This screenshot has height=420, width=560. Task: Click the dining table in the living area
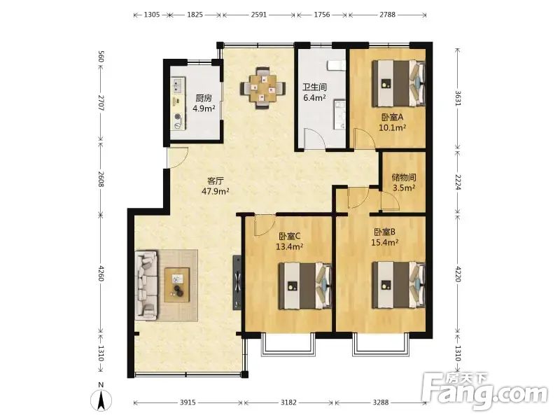click(x=263, y=88)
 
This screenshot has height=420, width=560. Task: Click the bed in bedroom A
click(x=398, y=83)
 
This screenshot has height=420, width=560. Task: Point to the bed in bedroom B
click(x=398, y=285)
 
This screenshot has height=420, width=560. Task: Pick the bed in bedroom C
click(x=305, y=286)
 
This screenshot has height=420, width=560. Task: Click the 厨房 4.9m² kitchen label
click(x=204, y=103)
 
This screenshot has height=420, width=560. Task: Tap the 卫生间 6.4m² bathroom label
click(x=314, y=92)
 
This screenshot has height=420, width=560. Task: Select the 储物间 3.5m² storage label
click(x=404, y=182)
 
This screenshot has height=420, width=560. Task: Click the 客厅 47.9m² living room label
click(x=216, y=185)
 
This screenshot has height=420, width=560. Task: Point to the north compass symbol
click(x=101, y=397)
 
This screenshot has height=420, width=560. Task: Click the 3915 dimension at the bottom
click(x=188, y=402)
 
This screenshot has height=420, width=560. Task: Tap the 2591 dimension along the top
click(x=258, y=15)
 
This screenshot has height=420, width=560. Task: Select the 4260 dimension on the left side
click(x=101, y=272)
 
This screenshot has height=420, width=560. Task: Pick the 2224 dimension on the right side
click(x=458, y=182)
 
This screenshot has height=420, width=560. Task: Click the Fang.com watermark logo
click(x=484, y=392)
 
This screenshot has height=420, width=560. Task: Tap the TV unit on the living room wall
click(x=237, y=282)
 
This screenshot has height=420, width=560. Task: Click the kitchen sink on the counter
click(x=178, y=85)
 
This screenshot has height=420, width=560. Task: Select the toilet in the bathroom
click(x=336, y=65)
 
